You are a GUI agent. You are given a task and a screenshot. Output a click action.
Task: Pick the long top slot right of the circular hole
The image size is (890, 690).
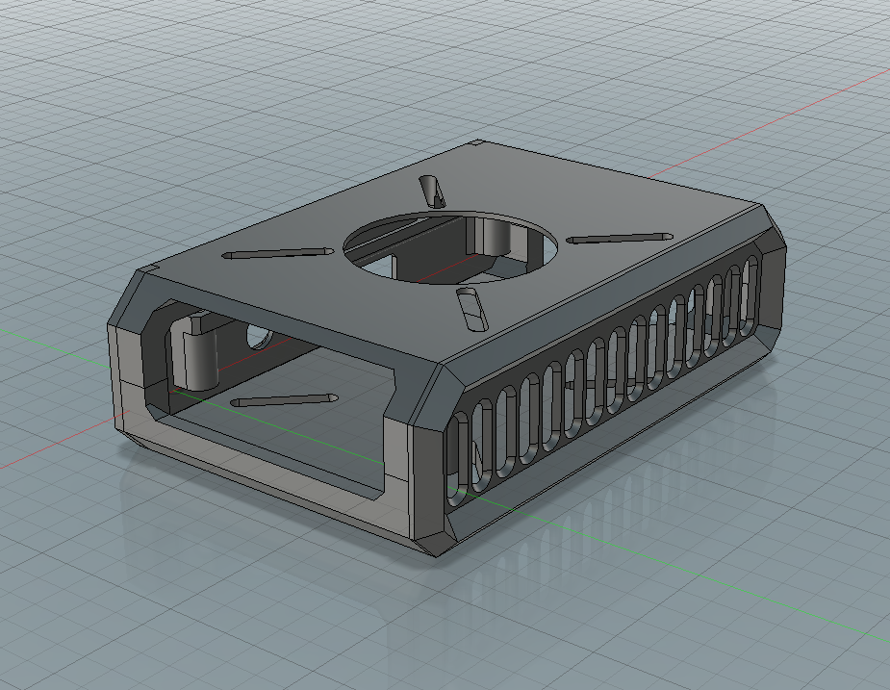coord(619,237)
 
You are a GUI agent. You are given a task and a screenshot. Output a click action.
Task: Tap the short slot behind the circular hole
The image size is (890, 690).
coord(432,192)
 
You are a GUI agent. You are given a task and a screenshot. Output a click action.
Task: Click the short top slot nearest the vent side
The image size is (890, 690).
coord(470,307)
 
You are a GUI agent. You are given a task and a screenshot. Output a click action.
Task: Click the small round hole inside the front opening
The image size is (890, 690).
coord(258,337)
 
